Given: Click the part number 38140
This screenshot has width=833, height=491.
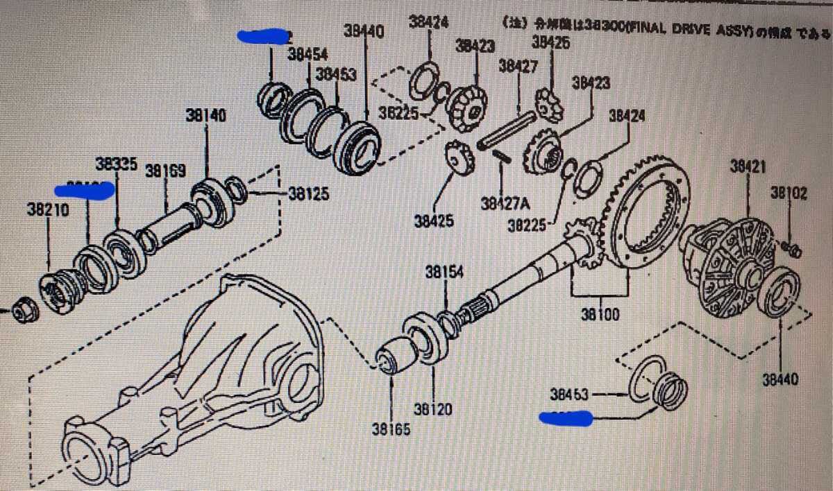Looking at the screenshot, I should point(205,117).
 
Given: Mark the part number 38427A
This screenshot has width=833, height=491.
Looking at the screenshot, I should point(505,205).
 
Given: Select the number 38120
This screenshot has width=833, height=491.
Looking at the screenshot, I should point(434,410).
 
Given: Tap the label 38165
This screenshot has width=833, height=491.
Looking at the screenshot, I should point(392,429).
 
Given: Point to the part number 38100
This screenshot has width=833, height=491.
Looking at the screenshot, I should point(600,316).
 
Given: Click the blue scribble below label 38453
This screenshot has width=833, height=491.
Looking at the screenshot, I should point(566,418).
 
